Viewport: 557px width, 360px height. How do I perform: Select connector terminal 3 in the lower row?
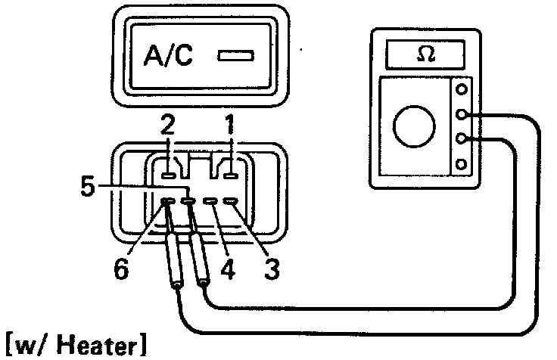click(x=231, y=201)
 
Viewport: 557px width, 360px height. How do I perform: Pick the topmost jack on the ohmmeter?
click(x=461, y=89)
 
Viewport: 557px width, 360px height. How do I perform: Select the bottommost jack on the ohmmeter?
click(x=461, y=163)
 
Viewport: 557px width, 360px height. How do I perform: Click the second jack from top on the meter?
click(x=461, y=115)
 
